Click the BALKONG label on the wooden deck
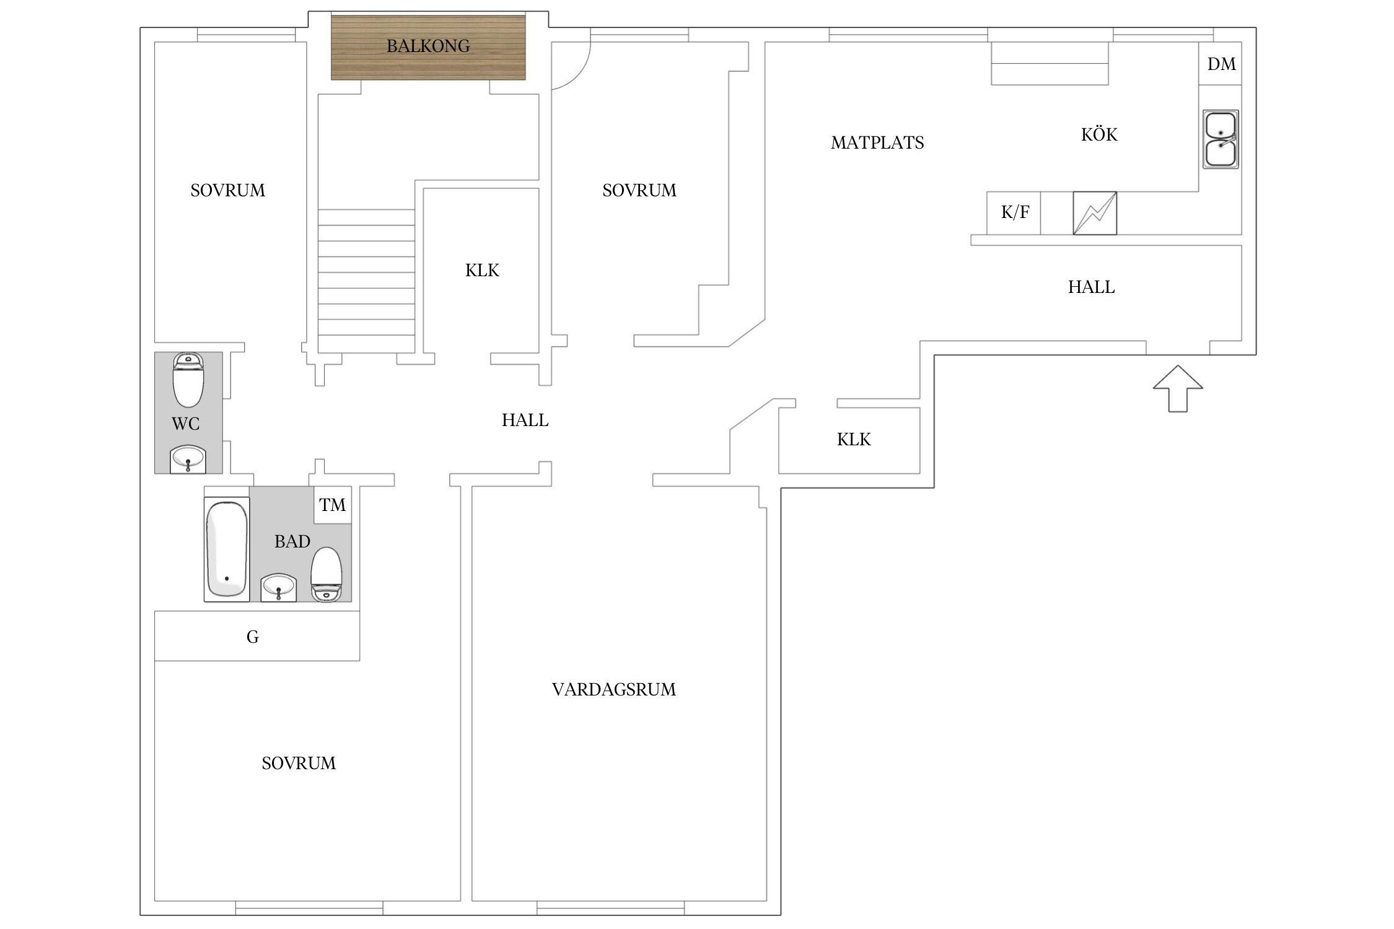click(x=428, y=46)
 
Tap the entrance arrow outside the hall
click(x=1177, y=388)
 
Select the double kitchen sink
click(x=1221, y=139)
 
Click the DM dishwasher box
click(x=1221, y=64)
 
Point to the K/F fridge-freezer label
click(x=1015, y=212)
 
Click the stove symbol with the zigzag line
click(x=1095, y=213)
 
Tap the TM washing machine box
click(x=333, y=505)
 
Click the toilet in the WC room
click(x=188, y=380)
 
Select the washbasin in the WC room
click(x=188, y=459)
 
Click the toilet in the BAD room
click(x=326, y=574)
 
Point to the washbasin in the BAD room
click(x=278, y=587)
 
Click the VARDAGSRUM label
click(x=614, y=689)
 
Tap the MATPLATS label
click(x=877, y=143)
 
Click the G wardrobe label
click(x=253, y=637)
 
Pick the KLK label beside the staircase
click(x=482, y=270)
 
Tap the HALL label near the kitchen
click(x=1091, y=287)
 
